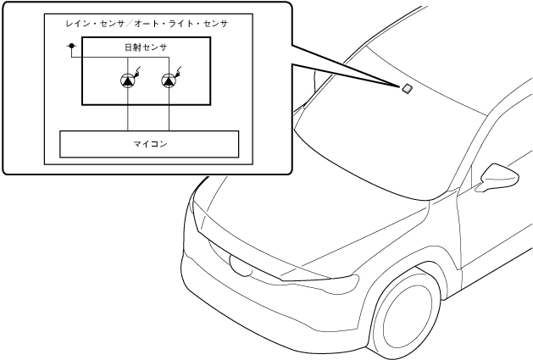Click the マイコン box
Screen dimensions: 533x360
click(x=149, y=144)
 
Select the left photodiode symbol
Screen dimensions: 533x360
click(x=128, y=81)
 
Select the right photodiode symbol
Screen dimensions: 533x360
click(x=170, y=81)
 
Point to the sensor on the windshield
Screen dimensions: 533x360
click(x=408, y=87)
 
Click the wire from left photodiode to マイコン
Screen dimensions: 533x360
click(x=128, y=110)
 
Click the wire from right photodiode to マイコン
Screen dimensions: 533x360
click(x=170, y=110)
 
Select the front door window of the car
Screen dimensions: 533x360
click(x=500, y=136)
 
